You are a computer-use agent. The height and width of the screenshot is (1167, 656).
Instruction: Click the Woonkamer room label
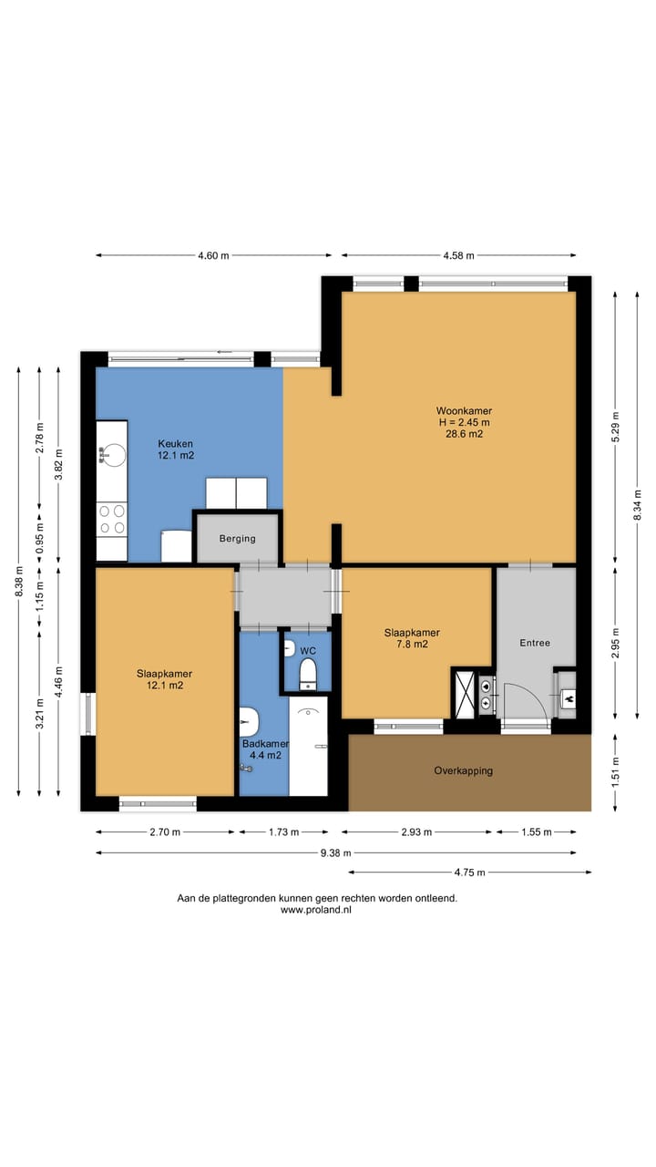(464, 411)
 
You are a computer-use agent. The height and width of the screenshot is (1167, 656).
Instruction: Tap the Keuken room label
(176, 444)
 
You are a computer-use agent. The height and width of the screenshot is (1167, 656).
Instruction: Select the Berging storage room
(238, 538)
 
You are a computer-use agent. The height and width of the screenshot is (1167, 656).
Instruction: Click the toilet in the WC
(308, 674)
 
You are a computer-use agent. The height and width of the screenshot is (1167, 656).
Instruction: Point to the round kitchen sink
(112, 455)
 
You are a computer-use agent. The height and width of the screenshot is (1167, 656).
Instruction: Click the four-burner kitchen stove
(112, 519)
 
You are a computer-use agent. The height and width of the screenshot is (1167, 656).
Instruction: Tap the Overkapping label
(464, 770)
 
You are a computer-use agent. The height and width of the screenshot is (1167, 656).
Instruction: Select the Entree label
(535, 643)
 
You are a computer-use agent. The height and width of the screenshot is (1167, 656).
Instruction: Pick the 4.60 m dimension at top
(213, 255)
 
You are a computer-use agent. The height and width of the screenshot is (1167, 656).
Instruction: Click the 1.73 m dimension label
(283, 832)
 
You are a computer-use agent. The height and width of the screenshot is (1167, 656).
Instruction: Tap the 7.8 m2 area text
(413, 645)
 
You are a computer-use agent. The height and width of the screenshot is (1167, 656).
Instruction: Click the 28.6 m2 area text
(464, 434)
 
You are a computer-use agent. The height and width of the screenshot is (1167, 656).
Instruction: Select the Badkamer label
(265, 744)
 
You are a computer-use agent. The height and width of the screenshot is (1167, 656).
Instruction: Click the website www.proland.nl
(316, 910)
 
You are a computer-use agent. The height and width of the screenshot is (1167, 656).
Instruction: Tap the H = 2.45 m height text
(464, 422)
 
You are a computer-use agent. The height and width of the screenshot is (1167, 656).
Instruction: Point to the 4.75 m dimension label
(469, 873)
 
